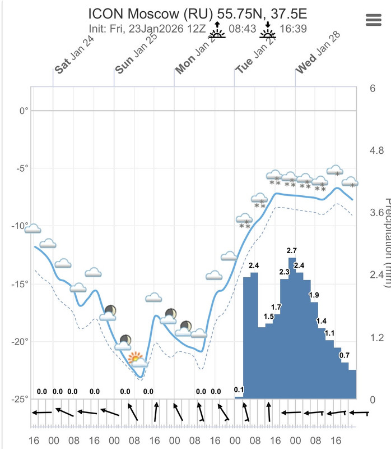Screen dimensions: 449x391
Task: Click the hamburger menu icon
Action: [x=373, y=20]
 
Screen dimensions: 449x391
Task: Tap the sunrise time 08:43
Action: [x=241, y=28]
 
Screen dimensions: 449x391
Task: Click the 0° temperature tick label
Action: [x=22, y=111]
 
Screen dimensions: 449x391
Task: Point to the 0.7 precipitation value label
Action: [x=345, y=355]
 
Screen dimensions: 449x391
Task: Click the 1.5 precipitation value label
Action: [x=268, y=317]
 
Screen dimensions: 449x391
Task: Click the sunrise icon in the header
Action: [x=216, y=30]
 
